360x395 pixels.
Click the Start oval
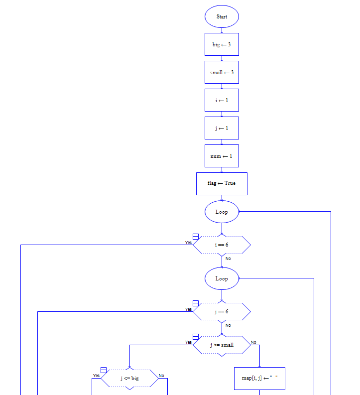[222, 16]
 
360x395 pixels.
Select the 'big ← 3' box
[222, 44]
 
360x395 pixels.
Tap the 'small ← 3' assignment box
[222, 72]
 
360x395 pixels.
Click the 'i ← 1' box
[222, 100]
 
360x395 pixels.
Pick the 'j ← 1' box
[222, 128]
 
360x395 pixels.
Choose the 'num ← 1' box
[222, 156]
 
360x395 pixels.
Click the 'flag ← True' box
[222, 183]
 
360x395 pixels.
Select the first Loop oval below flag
[222, 212]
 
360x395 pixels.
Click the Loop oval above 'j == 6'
[222, 278]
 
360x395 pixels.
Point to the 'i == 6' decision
[222, 245]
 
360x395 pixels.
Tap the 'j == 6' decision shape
[222, 312]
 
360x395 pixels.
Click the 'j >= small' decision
[222, 345]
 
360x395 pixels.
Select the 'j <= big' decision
[129, 379]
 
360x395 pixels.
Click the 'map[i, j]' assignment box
[259, 379]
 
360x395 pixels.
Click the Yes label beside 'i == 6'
[188, 243]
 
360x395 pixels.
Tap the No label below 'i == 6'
[228, 259]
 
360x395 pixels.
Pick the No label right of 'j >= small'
[253, 342]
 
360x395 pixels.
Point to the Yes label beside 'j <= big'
[96, 376]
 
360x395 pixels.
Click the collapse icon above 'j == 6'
[196, 303]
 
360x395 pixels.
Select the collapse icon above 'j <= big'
[104, 370]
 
